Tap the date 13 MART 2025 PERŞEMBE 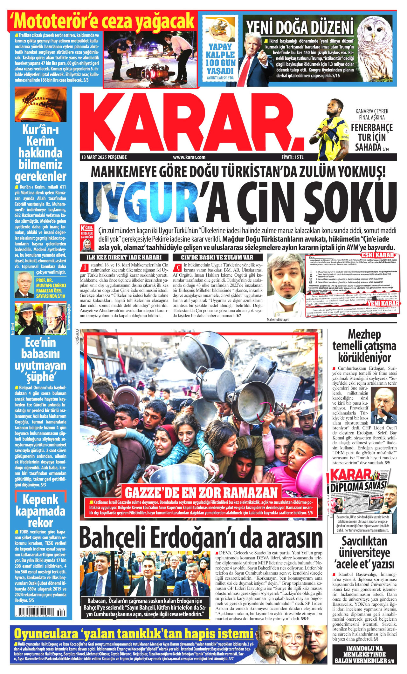pos(104,157)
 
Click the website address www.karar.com pos(189,157)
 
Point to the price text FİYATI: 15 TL pos(293,157)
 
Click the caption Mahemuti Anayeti pos(278,320)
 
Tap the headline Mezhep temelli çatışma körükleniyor pos(364,346)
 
